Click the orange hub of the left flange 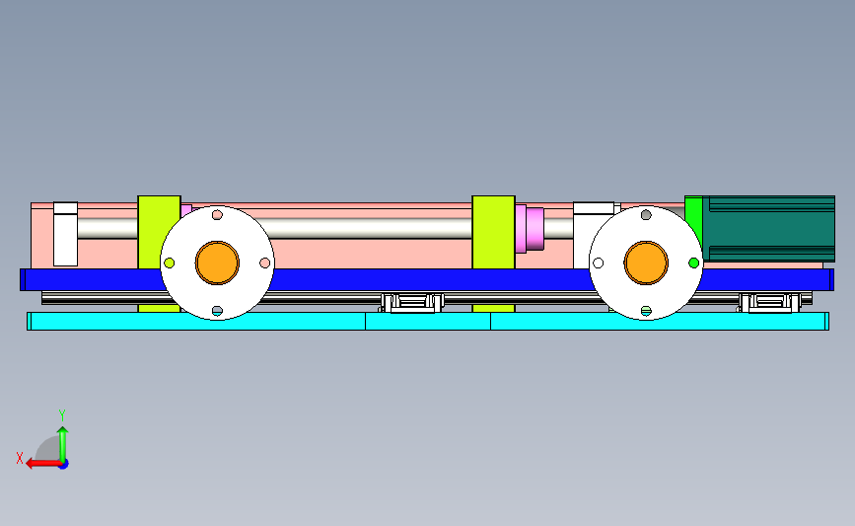217,263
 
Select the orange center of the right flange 646,263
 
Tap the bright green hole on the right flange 693,263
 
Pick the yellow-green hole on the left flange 169,263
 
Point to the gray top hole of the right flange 646,215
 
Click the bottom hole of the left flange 217,311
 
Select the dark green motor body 769,229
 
